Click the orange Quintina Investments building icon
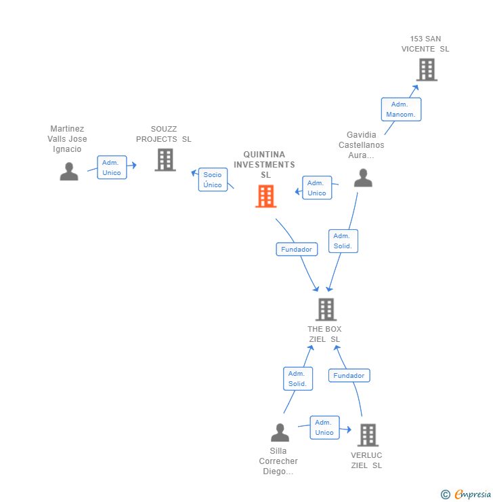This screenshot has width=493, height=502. [265, 196]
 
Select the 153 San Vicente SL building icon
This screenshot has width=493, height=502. [427, 69]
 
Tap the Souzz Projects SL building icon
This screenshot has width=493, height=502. [165, 160]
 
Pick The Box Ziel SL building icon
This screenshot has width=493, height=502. [326, 309]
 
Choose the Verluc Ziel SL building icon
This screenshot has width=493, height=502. [368, 435]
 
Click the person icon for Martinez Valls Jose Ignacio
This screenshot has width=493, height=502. [69, 172]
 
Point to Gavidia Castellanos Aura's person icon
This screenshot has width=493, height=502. [364, 178]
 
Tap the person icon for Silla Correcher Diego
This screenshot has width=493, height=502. [280, 432]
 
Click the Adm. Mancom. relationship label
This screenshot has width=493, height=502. [401, 109]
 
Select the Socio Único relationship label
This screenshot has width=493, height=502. [213, 180]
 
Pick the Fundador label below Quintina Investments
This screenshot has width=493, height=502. [297, 249]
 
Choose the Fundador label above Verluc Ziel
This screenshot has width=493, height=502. [349, 375]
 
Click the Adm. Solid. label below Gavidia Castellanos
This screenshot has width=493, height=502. [343, 241]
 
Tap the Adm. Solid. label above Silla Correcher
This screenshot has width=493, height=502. [297, 379]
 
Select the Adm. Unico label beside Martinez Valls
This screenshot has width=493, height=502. [112, 168]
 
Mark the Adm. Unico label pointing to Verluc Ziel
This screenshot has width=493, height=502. [324, 427]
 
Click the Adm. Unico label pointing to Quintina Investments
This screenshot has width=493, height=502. [317, 188]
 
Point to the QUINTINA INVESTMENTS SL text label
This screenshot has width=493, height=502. [264, 165]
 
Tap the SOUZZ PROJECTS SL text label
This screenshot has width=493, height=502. [164, 134]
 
